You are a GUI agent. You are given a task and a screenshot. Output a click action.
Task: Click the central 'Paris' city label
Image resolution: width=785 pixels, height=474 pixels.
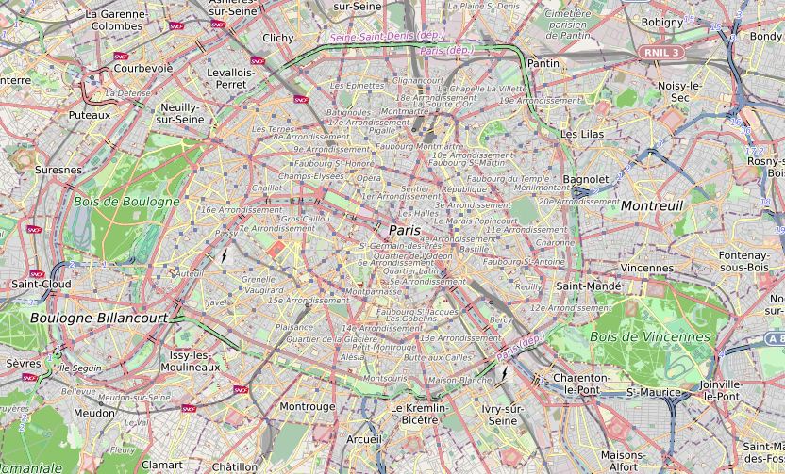(x=404, y=230)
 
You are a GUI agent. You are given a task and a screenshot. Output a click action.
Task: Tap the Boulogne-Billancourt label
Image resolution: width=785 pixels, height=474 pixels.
(x=99, y=319)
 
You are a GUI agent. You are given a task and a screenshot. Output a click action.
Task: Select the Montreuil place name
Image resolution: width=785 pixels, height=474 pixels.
(x=652, y=205)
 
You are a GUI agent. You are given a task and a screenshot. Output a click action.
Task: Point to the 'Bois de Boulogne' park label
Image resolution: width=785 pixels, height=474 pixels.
(x=126, y=202)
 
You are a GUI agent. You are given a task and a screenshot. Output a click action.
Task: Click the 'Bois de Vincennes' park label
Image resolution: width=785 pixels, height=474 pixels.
(x=649, y=336)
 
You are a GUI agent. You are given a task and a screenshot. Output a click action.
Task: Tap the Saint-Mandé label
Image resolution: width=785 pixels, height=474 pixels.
(x=588, y=286)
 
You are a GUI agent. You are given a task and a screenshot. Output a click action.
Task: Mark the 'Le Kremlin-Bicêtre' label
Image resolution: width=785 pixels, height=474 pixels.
(x=413, y=413)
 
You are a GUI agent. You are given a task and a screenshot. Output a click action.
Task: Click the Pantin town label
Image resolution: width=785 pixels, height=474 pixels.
(x=543, y=63)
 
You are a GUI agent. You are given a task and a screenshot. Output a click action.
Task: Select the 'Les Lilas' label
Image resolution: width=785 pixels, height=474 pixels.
(x=581, y=135)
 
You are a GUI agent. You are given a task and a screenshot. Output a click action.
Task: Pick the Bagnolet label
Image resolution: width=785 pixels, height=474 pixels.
(x=586, y=179)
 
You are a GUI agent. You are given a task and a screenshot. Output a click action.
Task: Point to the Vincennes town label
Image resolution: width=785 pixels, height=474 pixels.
(x=647, y=268)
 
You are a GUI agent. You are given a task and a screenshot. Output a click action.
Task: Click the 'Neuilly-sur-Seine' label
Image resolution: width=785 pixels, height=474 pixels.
(x=180, y=113)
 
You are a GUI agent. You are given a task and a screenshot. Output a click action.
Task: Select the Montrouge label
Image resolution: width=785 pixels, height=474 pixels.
(x=308, y=406)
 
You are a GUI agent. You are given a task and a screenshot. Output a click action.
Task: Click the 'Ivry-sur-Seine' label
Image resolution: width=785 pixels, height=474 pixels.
(x=502, y=415)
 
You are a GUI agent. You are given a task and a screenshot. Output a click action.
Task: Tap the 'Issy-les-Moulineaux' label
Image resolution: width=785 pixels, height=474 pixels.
(x=195, y=361)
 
